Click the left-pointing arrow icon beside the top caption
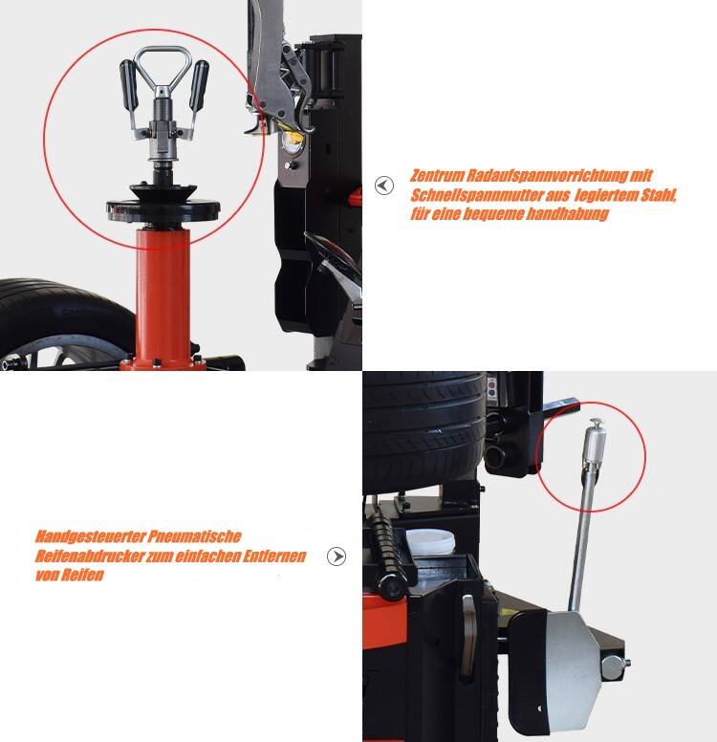point(384,185)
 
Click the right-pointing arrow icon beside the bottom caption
point(337,556)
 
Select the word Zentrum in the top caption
point(439,177)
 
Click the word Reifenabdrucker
point(85,556)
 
